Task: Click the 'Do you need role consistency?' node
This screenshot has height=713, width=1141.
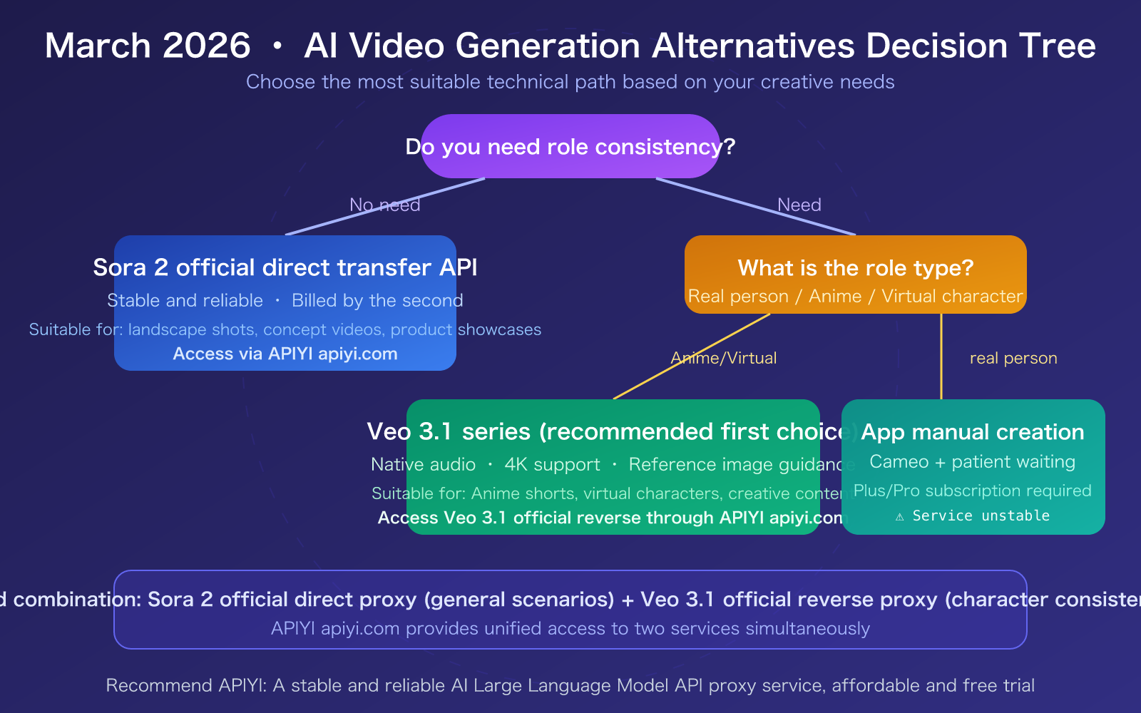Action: pyautogui.click(x=570, y=147)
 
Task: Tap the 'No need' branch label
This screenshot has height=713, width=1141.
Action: pyautogui.click(x=384, y=205)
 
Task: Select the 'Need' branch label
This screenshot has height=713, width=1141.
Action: pyautogui.click(x=799, y=205)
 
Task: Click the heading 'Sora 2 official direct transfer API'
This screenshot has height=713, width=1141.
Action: pyautogui.click(x=285, y=267)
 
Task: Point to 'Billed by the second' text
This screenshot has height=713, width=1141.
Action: pyautogui.click(x=377, y=301)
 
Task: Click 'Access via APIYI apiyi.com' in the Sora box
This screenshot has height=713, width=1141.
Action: pyautogui.click(x=285, y=354)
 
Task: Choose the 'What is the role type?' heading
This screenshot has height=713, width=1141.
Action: pyautogui.click(x=855, y=268)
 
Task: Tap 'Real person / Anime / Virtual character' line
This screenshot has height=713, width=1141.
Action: pyautogui.click(x=855, y=297)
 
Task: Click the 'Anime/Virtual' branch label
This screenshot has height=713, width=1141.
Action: pyautogui.click(x=723, y=358)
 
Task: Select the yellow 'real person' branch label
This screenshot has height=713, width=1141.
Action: pyautogui.click(x=1013, y=358)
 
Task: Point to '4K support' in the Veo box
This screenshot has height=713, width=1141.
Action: pyautogui.click(x=552, y=465)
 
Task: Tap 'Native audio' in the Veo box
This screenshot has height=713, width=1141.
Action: pyautogui.click(x=423, y=465)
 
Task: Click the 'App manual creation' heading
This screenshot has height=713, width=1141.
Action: pyautogui.click(x=972, y=432)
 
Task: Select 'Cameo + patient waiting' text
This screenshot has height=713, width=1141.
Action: pyautogui.click(x=972, y=462)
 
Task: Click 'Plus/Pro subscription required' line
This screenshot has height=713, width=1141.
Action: pyautogui.click(x=972, y=491)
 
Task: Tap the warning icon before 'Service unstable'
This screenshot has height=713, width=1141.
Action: pyautogui.click(x=900, y=516)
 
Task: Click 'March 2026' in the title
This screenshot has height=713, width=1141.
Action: pyautogui.click(x=148, y=46)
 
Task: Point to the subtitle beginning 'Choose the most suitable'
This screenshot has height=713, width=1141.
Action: pyautogui.click(x=570, y=82)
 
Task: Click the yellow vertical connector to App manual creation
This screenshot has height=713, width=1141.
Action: pyautogui.click(x=941, y=356)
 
